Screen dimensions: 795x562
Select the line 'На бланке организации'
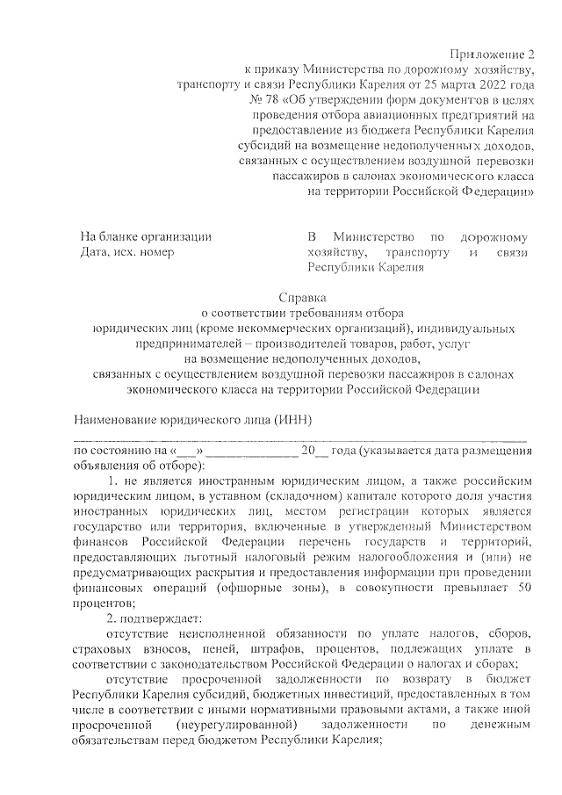[146, 237]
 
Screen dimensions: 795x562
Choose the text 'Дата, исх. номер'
[127, 253]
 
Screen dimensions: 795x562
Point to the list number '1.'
[112, 483]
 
